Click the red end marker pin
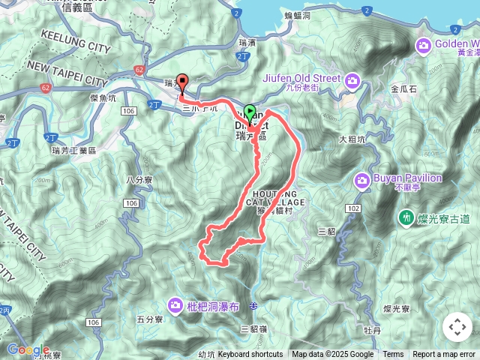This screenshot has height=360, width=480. pyautogui.click(x=181, y=85)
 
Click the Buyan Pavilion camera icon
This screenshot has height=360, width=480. pyautogui.click(x=362, y=179)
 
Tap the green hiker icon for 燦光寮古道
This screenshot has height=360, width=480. pyautogui.click(x=406, y=217)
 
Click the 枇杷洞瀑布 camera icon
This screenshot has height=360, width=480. pyautogui.click(x=175, y=304)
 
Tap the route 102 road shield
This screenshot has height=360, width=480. pyautogui.click(x=353, y=206)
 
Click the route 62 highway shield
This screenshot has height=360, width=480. pyautogui.click(x=139, y=69)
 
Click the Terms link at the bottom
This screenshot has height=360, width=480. pyautogui.click(x=393, y=355)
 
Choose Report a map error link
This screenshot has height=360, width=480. pyautogui.click(x=444, y=355)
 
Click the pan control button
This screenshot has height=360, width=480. pyautogui.click(x=457, y=327)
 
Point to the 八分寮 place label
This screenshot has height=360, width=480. pyautogui.click(x=139, y=180)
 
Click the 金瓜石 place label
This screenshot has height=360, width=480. pyautogui.click(x=403, y=88)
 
